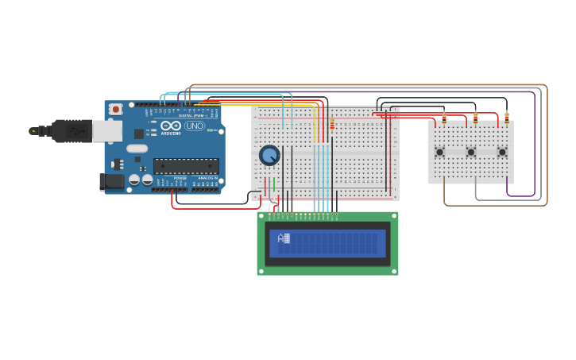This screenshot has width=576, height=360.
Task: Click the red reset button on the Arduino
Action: pos(116,109)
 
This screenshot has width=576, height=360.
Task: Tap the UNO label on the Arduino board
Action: pos(194,126)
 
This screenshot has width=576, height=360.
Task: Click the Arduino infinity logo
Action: pos(171,126)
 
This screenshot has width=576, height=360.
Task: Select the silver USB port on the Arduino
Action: pos(107,131)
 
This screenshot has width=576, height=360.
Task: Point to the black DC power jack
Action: pos(112,181)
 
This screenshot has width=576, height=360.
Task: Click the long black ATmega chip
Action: pos(185,165)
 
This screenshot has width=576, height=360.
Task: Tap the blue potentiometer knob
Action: pos(269,155)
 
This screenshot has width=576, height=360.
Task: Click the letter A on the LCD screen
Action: pos(281,238)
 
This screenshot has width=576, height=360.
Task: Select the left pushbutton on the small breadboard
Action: pos(439,152)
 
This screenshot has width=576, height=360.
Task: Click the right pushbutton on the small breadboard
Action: pos(502,152)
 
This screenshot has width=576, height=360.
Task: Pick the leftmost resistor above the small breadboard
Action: pos(444,118)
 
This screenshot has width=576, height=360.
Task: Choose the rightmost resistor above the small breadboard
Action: pos(506,118)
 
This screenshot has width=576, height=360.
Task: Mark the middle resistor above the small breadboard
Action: pos(475,118)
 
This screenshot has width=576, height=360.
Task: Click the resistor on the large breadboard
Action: pos(332,124)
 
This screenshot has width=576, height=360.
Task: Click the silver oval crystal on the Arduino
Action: pos(137,148)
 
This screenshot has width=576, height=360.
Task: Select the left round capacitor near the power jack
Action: pos(134,180)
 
